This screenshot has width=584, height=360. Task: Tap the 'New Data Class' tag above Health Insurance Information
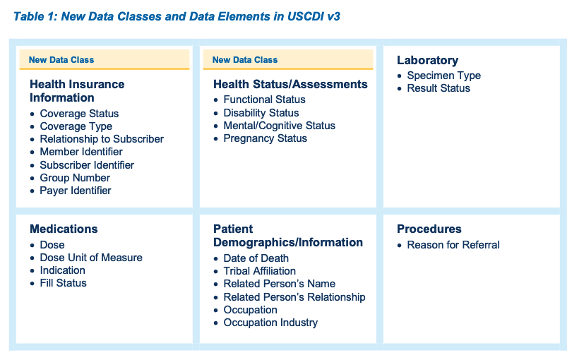[61, 60]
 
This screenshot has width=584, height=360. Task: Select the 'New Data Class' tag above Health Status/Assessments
[245, 60]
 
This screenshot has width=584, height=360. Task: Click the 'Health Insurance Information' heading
[77, 91]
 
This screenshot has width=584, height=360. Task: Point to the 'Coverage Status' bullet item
[79, 114]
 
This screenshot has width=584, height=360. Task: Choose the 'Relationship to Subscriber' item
[101, 139]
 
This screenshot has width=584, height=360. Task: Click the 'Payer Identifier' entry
[76, 191]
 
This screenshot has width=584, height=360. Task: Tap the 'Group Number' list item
[75, 178]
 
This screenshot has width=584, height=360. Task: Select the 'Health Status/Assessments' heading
[290, 84]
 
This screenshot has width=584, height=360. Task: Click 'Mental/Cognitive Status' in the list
[279, 126]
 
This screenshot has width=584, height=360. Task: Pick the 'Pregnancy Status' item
[265, 138]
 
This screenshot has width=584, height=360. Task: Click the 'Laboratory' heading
[427, 61]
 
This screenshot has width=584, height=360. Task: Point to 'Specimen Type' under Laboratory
[443, 76]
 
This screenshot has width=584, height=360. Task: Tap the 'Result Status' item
[439, 88]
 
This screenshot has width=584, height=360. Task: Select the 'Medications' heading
[64, 229]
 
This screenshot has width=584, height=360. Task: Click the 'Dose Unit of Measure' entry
[91, 258]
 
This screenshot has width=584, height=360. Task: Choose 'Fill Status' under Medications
[63, 283]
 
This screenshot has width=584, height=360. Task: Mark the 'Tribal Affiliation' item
[259, 271]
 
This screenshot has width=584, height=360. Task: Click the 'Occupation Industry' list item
[270, 323]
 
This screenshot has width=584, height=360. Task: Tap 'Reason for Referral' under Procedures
[453, 245]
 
